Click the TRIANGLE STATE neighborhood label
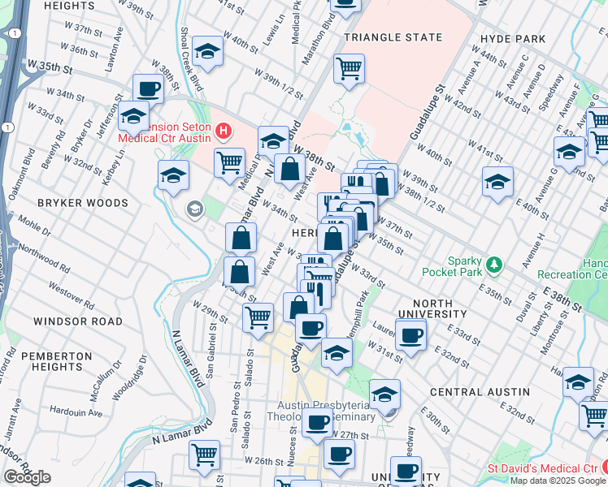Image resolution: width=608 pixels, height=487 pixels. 393,37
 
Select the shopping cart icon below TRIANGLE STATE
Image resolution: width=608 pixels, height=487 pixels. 349,69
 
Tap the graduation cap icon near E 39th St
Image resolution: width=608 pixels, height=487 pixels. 497,181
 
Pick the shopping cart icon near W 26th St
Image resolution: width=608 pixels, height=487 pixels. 204,454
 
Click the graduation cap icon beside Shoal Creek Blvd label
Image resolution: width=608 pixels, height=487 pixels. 208,53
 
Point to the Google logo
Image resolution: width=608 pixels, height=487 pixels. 27,477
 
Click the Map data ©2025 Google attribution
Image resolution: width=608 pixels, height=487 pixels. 557,480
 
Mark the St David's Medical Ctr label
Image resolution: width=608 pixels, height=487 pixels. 541,468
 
